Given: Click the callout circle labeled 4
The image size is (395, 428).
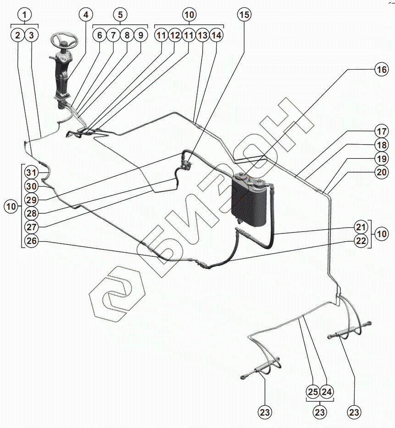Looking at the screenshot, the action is [86, 15].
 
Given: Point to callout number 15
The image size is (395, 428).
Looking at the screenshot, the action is [244, 15].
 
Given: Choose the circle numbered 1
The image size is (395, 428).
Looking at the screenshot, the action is [25, 15].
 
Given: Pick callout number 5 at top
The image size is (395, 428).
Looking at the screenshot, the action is [120, 15].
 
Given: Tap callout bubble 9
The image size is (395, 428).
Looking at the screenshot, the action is [141, 35].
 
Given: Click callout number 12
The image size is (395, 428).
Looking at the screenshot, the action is [175, 35].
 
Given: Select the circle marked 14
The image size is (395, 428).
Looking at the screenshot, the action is [216, 35].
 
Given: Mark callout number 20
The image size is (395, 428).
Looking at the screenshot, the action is [381, 172].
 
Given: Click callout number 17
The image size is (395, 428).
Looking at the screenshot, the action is [381, 131].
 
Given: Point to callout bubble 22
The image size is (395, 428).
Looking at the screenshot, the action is [361, 241].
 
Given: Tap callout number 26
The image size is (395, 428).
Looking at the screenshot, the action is [32, 241].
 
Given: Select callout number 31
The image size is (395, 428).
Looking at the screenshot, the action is [32, 173].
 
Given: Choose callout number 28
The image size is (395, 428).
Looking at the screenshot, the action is [32, 213].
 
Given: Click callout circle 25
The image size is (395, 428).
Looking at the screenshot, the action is [313, 392].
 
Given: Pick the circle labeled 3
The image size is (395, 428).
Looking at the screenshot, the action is [32, 35].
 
